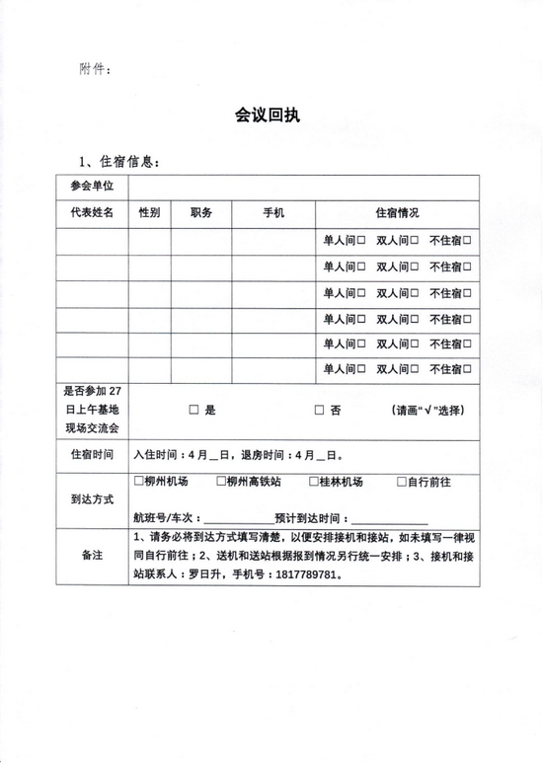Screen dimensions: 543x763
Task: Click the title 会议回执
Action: click(x=268, y=115)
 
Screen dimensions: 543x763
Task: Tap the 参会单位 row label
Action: click(x=92, y=187)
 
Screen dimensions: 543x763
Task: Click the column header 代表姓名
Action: click(x=92, y=213)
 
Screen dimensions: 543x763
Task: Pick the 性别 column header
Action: click(x=149, y=213)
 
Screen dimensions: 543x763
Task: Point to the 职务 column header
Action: click(x=201, y=213)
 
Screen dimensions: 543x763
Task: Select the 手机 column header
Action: click(x=273, y=213)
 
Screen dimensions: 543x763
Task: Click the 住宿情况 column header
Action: click(x=397, y=213)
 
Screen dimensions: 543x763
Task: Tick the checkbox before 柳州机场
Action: click(x=137, y=482)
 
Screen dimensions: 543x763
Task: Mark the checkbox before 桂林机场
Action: click(x=313, y=482)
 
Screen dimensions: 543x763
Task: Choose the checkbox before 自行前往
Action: click(x=401, y=482)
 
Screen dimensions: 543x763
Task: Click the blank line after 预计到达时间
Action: click(x=390, y=517)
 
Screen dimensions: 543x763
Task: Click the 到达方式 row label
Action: click(x=92, y=498)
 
